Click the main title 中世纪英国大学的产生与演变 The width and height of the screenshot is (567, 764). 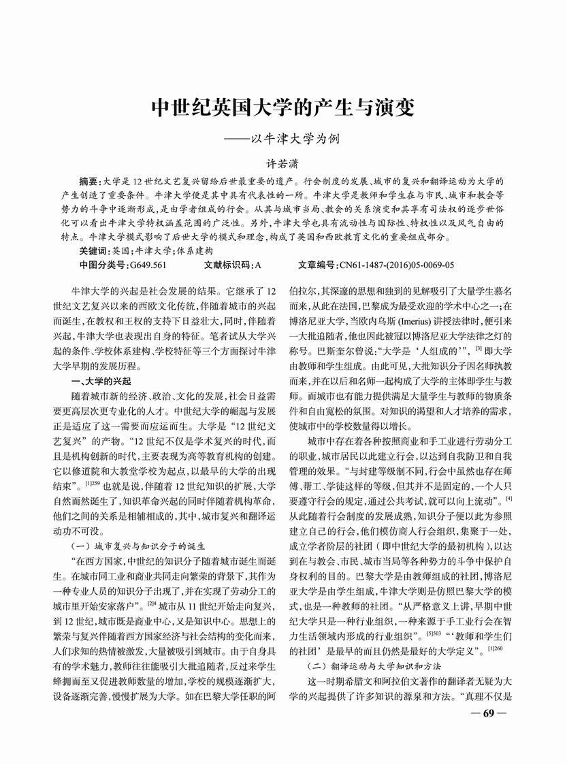283,109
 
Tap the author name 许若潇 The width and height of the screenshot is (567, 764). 282,164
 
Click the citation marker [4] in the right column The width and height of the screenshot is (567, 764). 508,500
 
